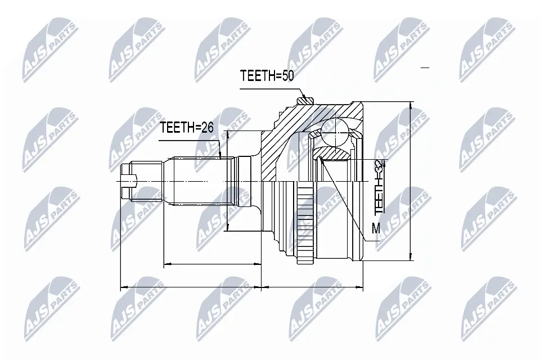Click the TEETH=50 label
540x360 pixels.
tap(267, 75)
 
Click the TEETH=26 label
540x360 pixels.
tap(187, 128)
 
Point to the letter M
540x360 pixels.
tap(376, 228)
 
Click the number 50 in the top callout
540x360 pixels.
tap(288, 75)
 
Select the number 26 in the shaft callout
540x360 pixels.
tap(208, 128)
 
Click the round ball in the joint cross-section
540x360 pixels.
tap(336, 133)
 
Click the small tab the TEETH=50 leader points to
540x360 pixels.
tap(305, 100)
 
